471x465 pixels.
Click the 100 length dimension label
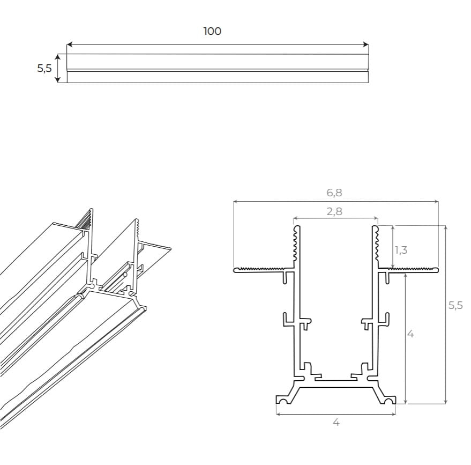tap(212, 31)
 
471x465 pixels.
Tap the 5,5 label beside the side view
tap(44, 68)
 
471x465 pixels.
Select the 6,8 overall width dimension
tap(334, 193)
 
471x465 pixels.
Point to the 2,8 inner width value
tap(334, 211)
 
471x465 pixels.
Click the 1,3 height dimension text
tap(400, 249)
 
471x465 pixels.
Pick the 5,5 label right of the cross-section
tap(455, 306)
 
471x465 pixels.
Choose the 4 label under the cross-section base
tap(336, 423)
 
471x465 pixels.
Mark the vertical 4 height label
tap(410, 334)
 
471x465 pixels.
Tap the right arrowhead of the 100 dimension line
tap(366, 45)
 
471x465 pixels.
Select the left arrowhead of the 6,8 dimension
tap(236, 202)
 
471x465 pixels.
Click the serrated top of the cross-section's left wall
tap(295, 244)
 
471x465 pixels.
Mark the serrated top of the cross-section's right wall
tap(376, 244)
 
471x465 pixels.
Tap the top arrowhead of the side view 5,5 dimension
tap(58, 56)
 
